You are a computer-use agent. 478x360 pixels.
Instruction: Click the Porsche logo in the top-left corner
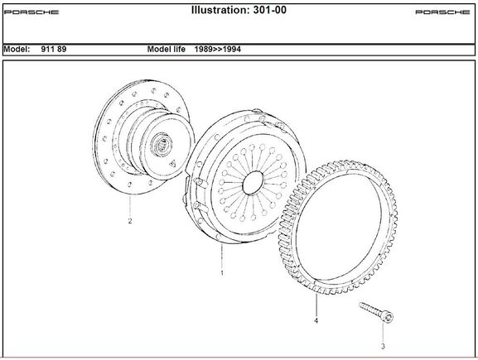tap(31, 12)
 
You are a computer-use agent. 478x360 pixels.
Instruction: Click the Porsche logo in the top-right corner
tap(442, 12)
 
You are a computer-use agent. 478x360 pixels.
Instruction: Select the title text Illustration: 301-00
tap(239, 10)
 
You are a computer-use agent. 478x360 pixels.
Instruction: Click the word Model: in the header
tap(17, 49)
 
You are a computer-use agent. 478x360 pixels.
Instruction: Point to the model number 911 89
tap(54, 49)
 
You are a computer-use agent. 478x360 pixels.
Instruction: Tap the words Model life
tap(167, 49)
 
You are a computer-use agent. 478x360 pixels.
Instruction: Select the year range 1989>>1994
tap(218, 49)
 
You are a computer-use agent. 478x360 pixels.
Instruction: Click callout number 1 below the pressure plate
tap(222, 273)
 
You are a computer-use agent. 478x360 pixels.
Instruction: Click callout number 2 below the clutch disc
tap(130, 221)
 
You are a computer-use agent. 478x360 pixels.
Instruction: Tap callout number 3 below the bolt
tap(383, 346)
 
